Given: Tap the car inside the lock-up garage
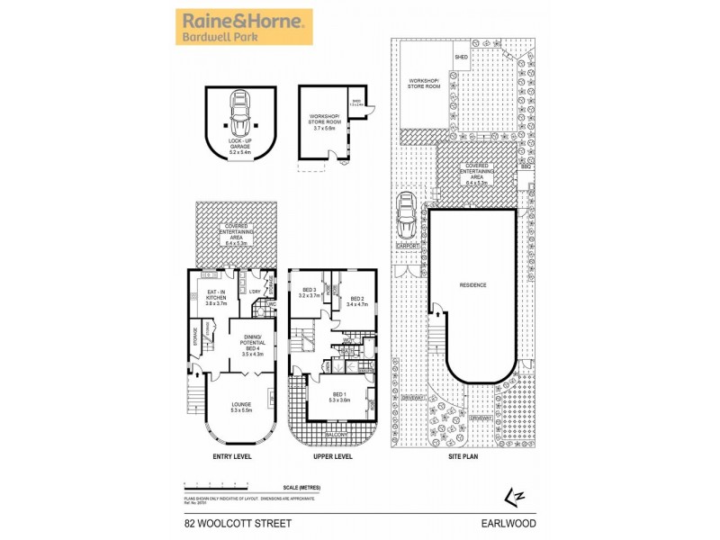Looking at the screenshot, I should click(x=239, y=112).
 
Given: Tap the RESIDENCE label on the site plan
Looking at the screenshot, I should click(x=472, y=285).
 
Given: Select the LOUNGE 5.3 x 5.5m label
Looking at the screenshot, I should click(x=239, y=407).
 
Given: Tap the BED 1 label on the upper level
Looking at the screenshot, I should click(x=339, y=397).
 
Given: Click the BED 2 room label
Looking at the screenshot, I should click(x=356, y=301).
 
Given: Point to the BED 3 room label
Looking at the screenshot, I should click(x=310, y=292).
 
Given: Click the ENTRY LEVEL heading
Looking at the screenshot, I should click(x=232, y=457).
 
